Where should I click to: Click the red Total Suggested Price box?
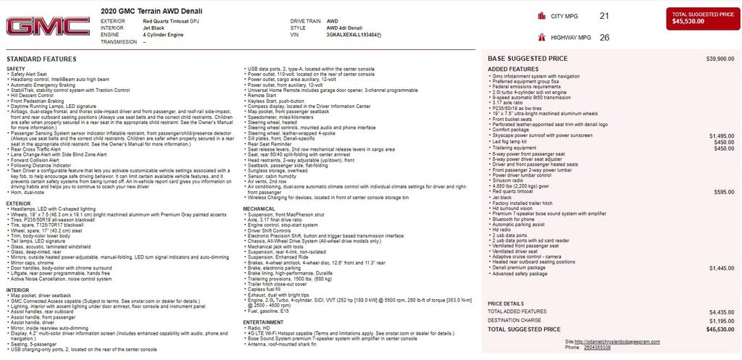pos(701,18)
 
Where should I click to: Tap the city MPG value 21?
pos(604,16)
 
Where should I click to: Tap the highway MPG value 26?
pos(604,37)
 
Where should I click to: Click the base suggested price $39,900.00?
pos(720,58)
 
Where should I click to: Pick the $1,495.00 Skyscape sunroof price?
pos(722,135)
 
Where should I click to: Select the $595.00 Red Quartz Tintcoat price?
pos(724,192)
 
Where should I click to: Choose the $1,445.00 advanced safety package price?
pos(722,268)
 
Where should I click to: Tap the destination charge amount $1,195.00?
pos(722,319)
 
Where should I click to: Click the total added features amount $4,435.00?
pos(722,311)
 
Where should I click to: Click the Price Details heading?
pos(506,303)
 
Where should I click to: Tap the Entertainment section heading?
pos(263,322)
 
